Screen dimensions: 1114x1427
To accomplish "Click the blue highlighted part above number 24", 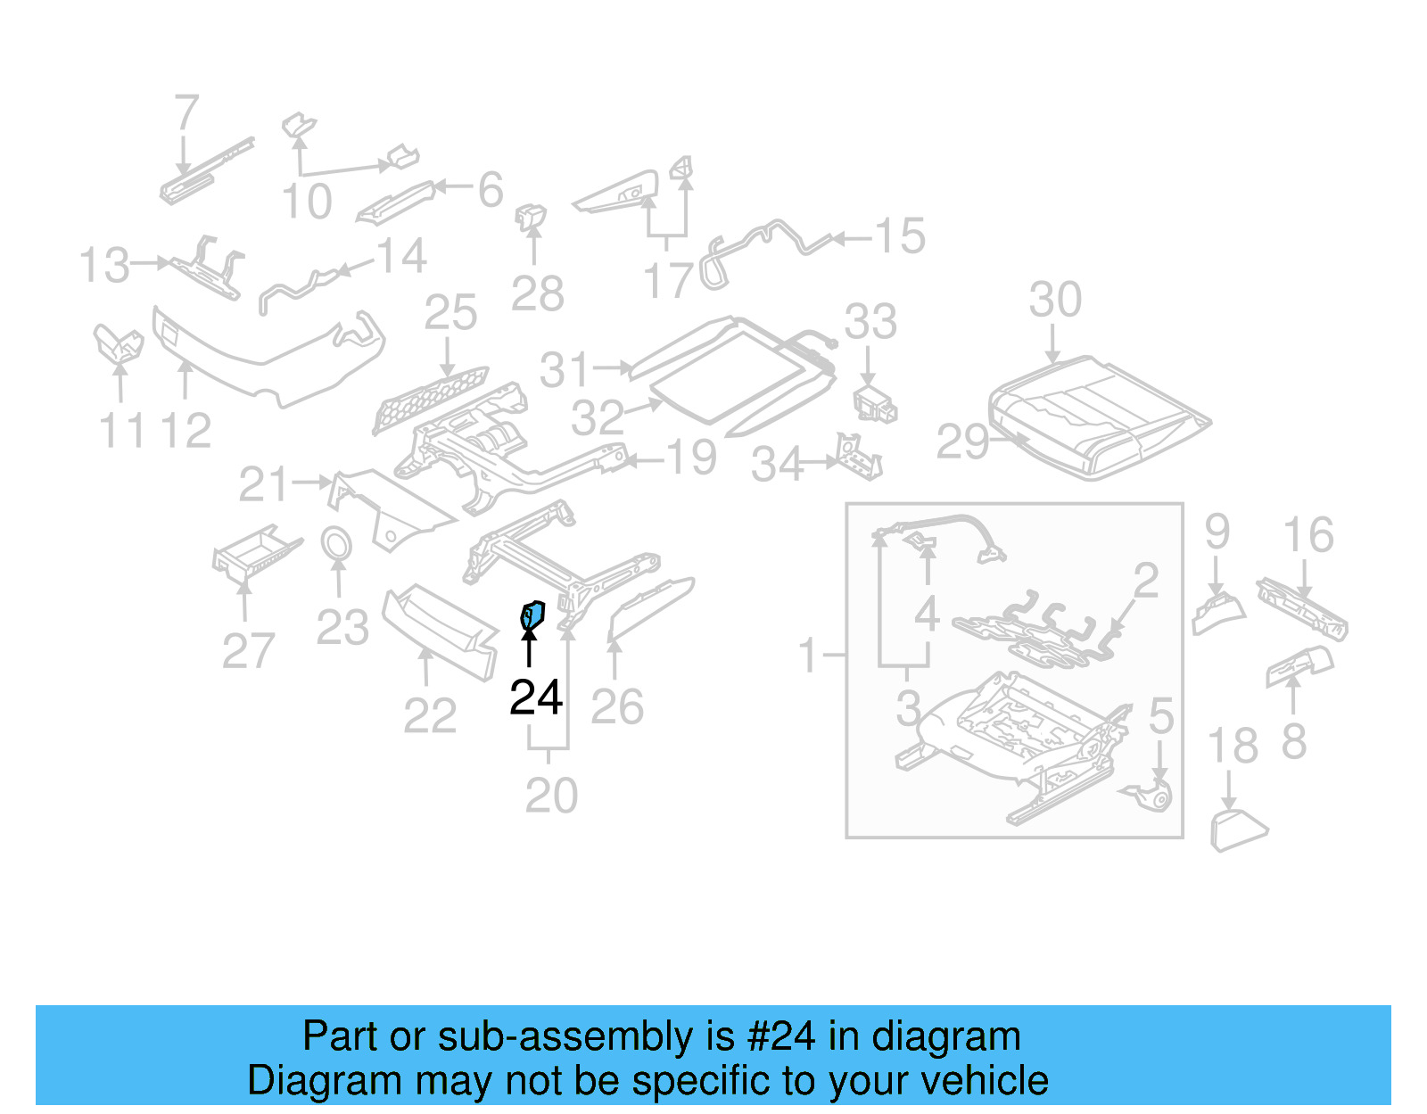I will (532, 614).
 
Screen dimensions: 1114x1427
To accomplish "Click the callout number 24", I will (535, 697).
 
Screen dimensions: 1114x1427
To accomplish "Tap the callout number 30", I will (1054, 300).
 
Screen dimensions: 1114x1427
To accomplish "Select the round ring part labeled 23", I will (336, 543).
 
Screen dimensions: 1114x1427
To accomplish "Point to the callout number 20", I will (550, 795).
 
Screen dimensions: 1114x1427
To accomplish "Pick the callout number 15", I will (899, 236).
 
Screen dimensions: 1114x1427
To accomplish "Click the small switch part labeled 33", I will (874, 404).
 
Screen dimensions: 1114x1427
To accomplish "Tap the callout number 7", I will (186, 113).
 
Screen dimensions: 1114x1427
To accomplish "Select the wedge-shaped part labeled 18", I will (1236, 829).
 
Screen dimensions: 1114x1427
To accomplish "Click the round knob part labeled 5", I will (1159, 796).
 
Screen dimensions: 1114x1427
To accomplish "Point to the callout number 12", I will (186, 431).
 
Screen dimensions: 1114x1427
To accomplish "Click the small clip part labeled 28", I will (532, 217).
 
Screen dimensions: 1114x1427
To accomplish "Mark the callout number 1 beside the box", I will (807, 656).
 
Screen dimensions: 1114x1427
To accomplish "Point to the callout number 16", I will (1307, 535).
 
